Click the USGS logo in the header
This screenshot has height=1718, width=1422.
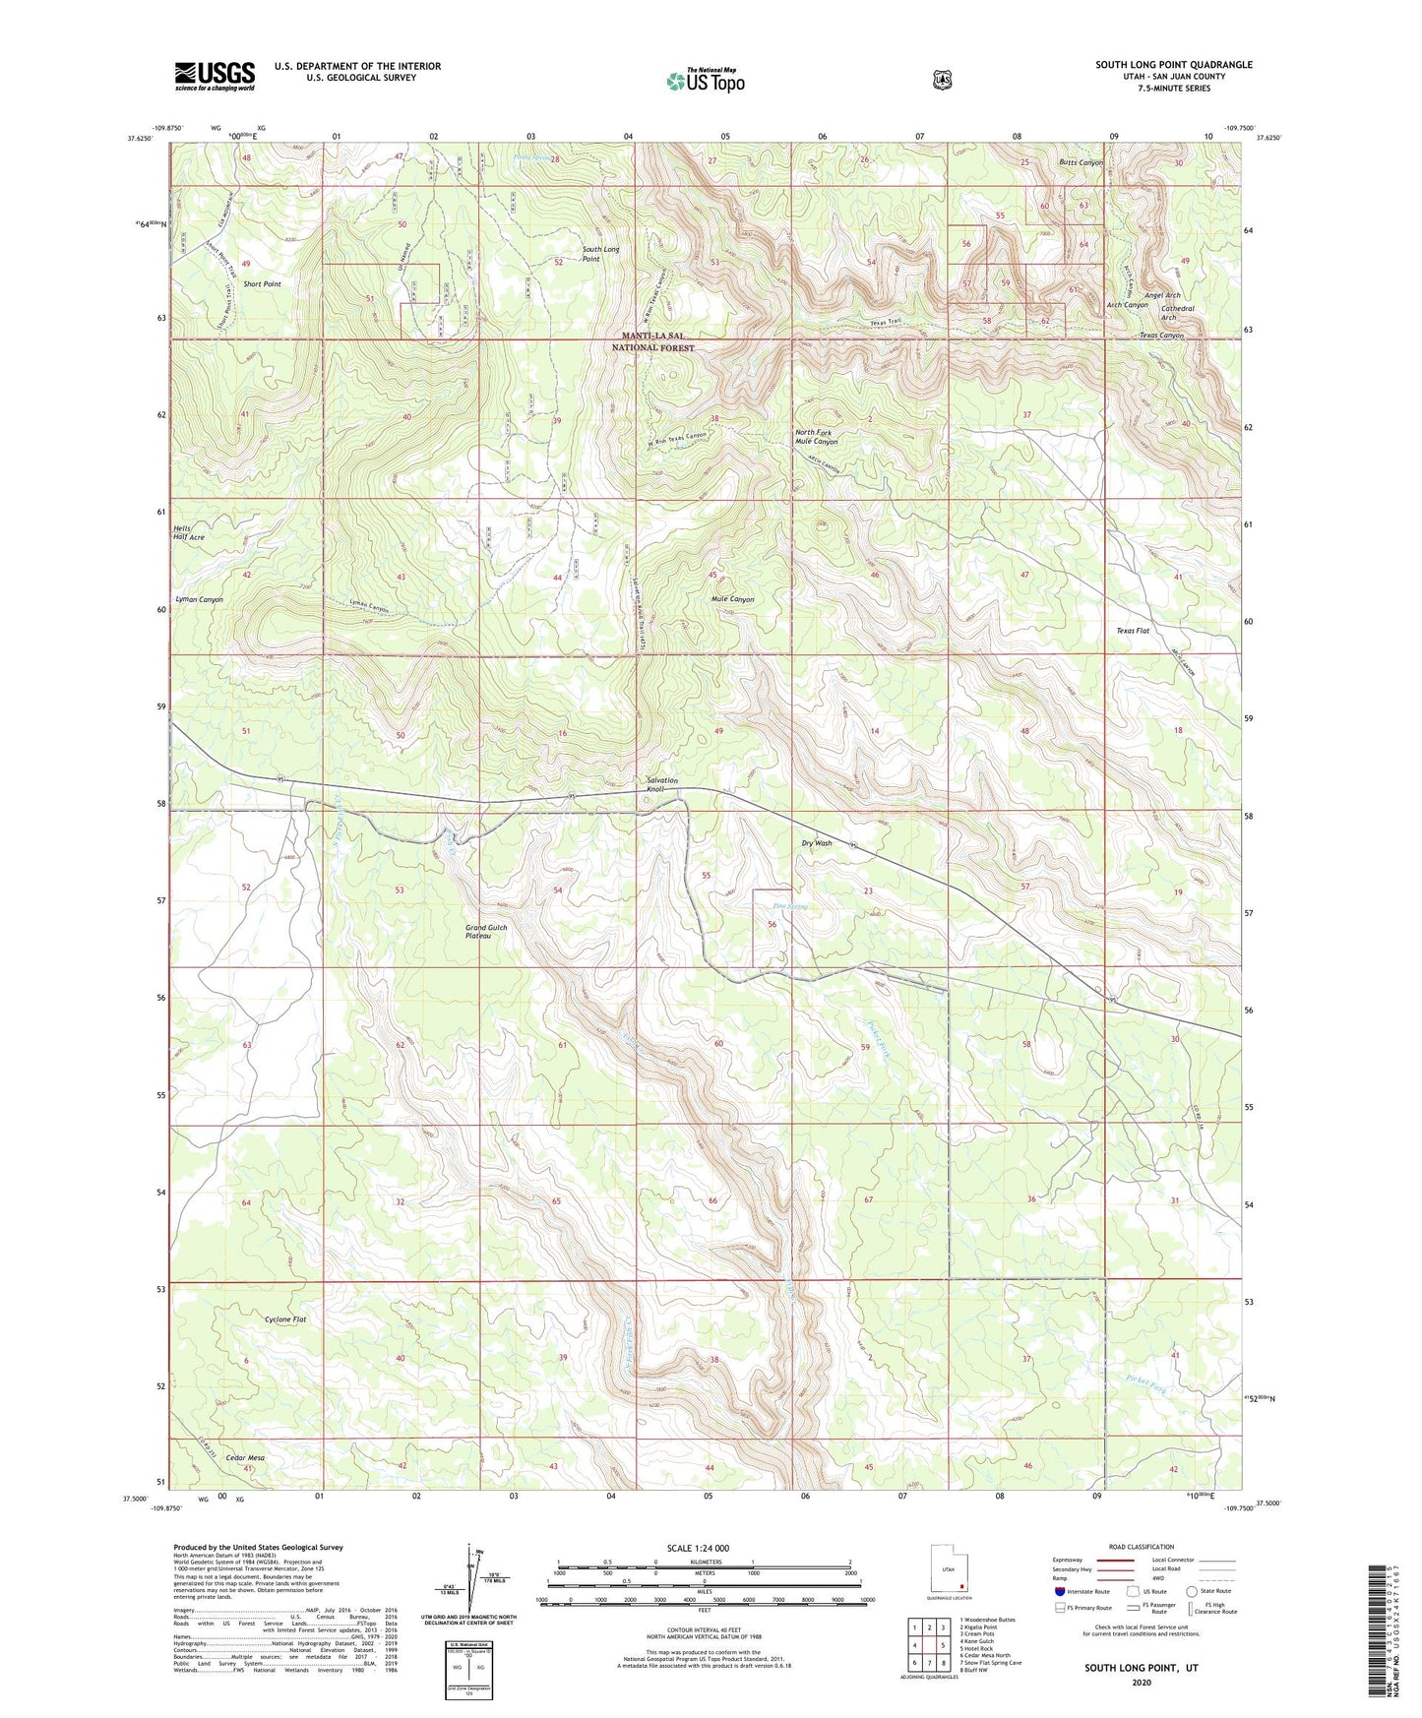[x=215, y=76]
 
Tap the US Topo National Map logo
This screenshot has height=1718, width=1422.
[x=704, y=81]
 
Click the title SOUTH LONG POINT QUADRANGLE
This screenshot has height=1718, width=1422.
[x=1173, y=65]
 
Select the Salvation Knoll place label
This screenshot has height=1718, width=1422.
[x=661, y=784]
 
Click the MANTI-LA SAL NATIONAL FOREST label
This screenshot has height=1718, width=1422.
[x=652, y=341]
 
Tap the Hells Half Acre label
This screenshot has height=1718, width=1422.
[x=189, y=532]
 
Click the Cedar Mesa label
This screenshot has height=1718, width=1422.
[x=245, y=1457]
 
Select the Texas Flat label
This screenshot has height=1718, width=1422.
[x=1132, y=631]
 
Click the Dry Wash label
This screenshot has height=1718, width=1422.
[x=816, y=843]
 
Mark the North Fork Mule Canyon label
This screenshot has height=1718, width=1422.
[x=816, y=437]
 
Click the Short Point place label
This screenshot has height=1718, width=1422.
[x=262, y=283]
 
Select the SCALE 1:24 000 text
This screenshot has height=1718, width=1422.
[x=698, y=1548]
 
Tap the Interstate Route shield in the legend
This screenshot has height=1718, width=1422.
[x=1059, y=1591]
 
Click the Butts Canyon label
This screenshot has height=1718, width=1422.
[x=1081, y=162]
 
